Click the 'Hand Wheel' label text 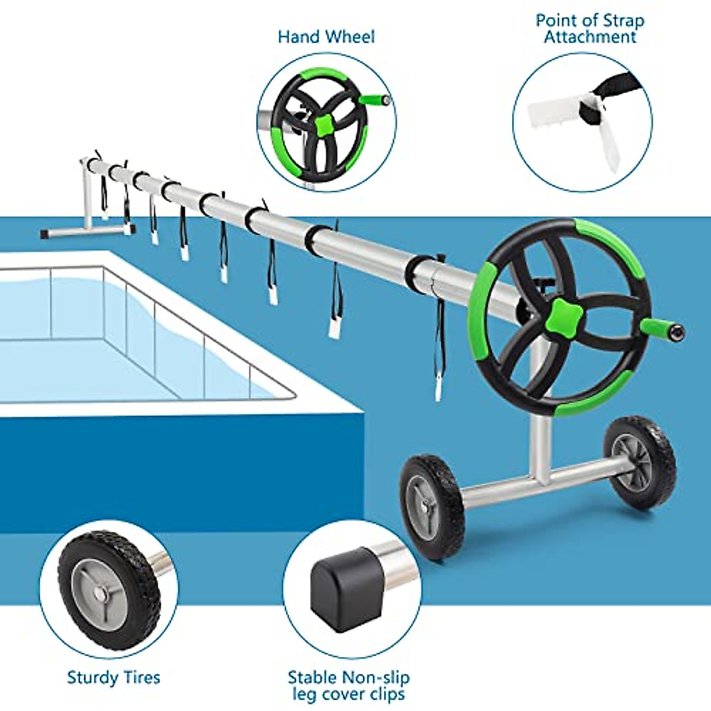[x=326, y=37]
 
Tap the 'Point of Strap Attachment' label [x=590, y=28]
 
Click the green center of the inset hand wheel [x=324, y=124]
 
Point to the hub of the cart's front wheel [x=427, y=507]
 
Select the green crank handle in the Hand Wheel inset [x=376, y=99]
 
